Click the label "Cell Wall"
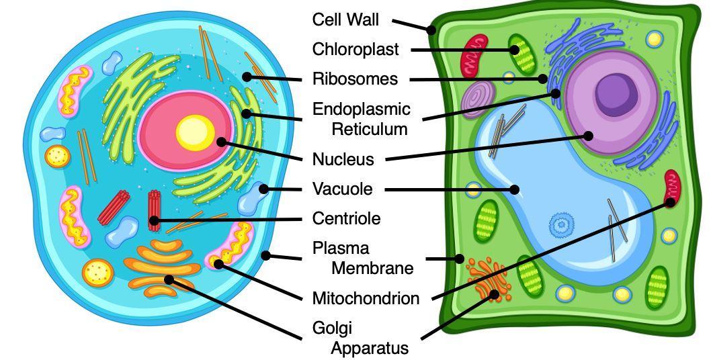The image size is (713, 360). [x=345, y=20]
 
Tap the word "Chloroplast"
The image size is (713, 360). [x=355, y=50]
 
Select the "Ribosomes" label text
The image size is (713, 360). [x=355, y=79]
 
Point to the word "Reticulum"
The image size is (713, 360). [x=370, y=129]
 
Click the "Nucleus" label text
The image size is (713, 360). [x=343, y=160]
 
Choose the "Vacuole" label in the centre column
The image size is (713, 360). [x=342, y=189]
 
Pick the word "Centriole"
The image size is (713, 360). [x=346, y=219]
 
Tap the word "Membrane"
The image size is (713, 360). [x=372, y=269]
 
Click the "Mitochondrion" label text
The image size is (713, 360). [x=366, y=298]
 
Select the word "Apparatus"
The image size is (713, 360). [x=370, y=348]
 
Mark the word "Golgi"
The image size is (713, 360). [x=332, y=328]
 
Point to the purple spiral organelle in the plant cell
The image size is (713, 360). [x=478, y=97]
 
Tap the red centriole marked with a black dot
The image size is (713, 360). [x=155, y=210]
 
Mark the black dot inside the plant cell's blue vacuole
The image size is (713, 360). [x=515, y=189]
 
